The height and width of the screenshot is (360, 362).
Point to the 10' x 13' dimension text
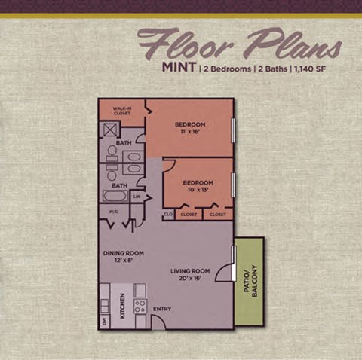pyautogui.click(x=198, y=190)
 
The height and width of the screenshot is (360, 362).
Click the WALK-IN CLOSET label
pyautogui.click(x=122, y=111)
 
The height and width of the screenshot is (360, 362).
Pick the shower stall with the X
pyautogui.click(x=109, y=129)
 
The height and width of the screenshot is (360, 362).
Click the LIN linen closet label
pyautogui.click(x=137, y=197)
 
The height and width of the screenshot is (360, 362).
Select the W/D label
pyautogui.click(x=114, y=212)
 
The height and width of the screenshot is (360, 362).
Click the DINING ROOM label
pyautogui.click(x=123, y=253)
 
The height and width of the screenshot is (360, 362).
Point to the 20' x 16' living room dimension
pyautogui.click(x=189, y=278)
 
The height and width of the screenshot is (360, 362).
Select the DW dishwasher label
pyautogui.click(x=104, y=321)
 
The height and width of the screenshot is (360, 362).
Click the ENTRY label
pyautogui.click(x=162, y=308)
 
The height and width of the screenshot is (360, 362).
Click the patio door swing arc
pyautogui.click(x=225, y=274)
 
